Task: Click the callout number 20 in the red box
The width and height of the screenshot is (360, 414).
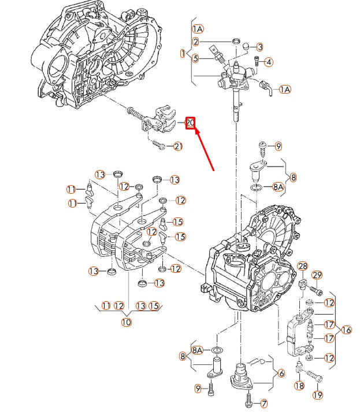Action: coord(190,123)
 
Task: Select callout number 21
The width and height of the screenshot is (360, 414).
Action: coord(177,147)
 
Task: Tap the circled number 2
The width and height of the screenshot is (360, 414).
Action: coord(196,42)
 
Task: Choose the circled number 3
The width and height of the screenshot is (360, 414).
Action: coord(260,47)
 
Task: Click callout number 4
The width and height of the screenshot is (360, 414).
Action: coord(269,62)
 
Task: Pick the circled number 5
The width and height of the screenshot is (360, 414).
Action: coord(196,58)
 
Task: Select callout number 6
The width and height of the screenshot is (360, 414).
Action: coord(281,373)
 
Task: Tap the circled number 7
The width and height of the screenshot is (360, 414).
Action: coord(265,403)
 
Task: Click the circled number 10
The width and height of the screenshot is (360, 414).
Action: coord(126,321)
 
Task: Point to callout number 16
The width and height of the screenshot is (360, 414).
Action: coord(346,330)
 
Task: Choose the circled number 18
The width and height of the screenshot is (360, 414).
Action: coord(299,386)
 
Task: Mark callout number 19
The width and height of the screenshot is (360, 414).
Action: coord(318,395)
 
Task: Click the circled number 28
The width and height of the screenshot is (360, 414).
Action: coord(303,266)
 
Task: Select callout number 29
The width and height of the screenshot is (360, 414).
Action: coord(317,275)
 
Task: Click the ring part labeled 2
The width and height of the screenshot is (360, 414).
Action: coord(236,40)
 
